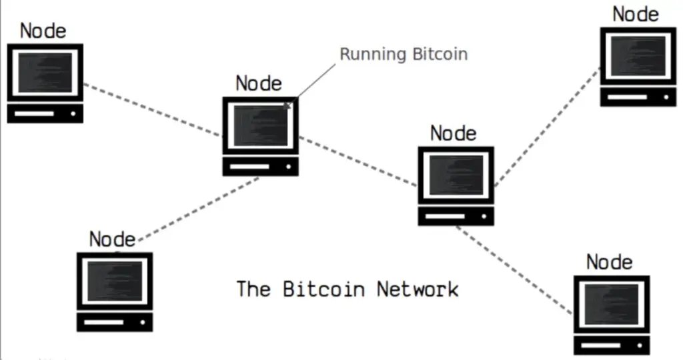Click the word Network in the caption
point(418,289)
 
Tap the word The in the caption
point(253,289)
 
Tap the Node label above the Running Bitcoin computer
point(259,83)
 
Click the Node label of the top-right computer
point(636,13)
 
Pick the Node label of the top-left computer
point(43,31)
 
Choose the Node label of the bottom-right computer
point(609,262)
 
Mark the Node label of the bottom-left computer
point(112,239)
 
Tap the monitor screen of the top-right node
point(638,56)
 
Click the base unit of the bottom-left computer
point(115,322)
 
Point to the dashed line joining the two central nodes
point(358,161)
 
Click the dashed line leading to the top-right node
point(548,127)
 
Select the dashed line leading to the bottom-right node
point(514,270)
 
